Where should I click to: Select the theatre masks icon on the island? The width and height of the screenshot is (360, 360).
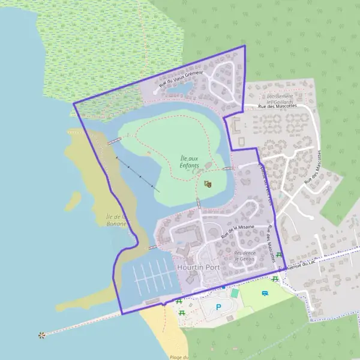pos(208,184)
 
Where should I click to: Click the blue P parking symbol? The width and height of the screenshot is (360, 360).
pos(218,307)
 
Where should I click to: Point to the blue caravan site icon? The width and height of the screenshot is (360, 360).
pos(265,293)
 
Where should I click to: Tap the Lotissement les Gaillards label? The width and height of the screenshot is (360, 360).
pos(280,99)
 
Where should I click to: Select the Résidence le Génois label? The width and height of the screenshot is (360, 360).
pos(245,256)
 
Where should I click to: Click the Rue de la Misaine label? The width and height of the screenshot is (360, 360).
pos(238,232)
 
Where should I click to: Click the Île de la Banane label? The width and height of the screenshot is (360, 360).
pos(116,220)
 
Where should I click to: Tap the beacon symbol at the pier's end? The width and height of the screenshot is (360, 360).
pos(41,335)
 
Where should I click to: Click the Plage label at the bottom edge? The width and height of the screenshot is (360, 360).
pos(179,357)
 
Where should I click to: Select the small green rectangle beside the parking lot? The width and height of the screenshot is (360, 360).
pos(235,293)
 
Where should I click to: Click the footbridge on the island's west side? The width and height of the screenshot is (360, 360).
pos(114,142)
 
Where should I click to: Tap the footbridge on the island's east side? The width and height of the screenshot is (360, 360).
pos(228,169)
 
